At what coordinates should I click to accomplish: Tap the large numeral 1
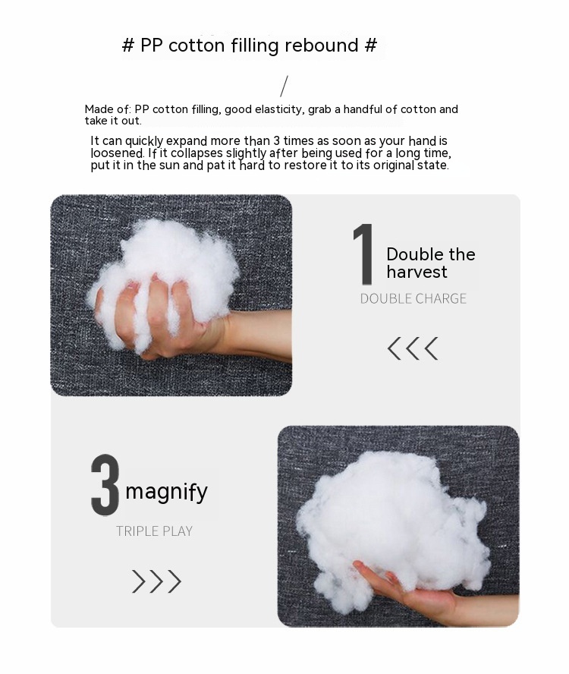363,254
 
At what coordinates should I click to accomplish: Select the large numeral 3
105,485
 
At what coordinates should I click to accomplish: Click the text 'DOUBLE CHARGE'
413,298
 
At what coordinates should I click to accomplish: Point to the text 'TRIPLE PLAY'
154,531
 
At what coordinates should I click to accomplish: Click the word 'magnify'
166,492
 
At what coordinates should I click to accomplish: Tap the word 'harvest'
417,272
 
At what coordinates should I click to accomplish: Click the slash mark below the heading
284,86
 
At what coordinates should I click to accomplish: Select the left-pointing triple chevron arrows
413,348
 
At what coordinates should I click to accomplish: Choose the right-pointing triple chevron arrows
156,581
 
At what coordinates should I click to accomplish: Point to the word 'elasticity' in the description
280,109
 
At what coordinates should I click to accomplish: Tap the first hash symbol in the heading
128,45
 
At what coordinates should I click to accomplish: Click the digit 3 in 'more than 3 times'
277,141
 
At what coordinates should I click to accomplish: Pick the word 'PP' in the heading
152,45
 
